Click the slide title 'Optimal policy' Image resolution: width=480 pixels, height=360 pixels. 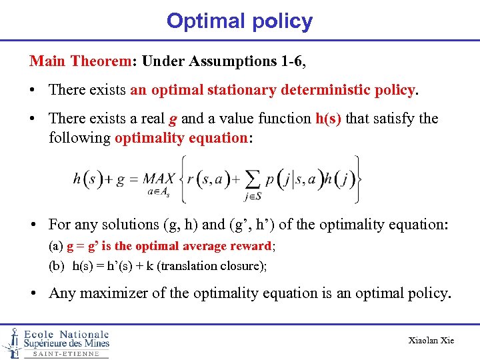[x=239, y=21]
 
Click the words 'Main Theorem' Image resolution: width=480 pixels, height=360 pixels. [x=79, y=61]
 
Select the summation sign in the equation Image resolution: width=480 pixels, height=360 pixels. [x=253, y=178]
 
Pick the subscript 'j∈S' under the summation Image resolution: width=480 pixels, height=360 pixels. [x=253, y=195]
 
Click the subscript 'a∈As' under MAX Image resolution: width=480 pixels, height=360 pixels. [x=159, y=193]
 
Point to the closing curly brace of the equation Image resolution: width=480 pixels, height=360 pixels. [x=358, y=179]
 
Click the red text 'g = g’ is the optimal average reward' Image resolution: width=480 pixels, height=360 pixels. [x=169, y=246]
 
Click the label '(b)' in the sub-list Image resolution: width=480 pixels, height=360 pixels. [x=57, y=266]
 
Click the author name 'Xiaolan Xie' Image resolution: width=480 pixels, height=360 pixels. [x=431, y=341]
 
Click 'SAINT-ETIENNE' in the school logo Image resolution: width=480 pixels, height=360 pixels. [x=65, y=354]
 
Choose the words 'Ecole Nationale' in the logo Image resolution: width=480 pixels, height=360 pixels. [x=67, y=334]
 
